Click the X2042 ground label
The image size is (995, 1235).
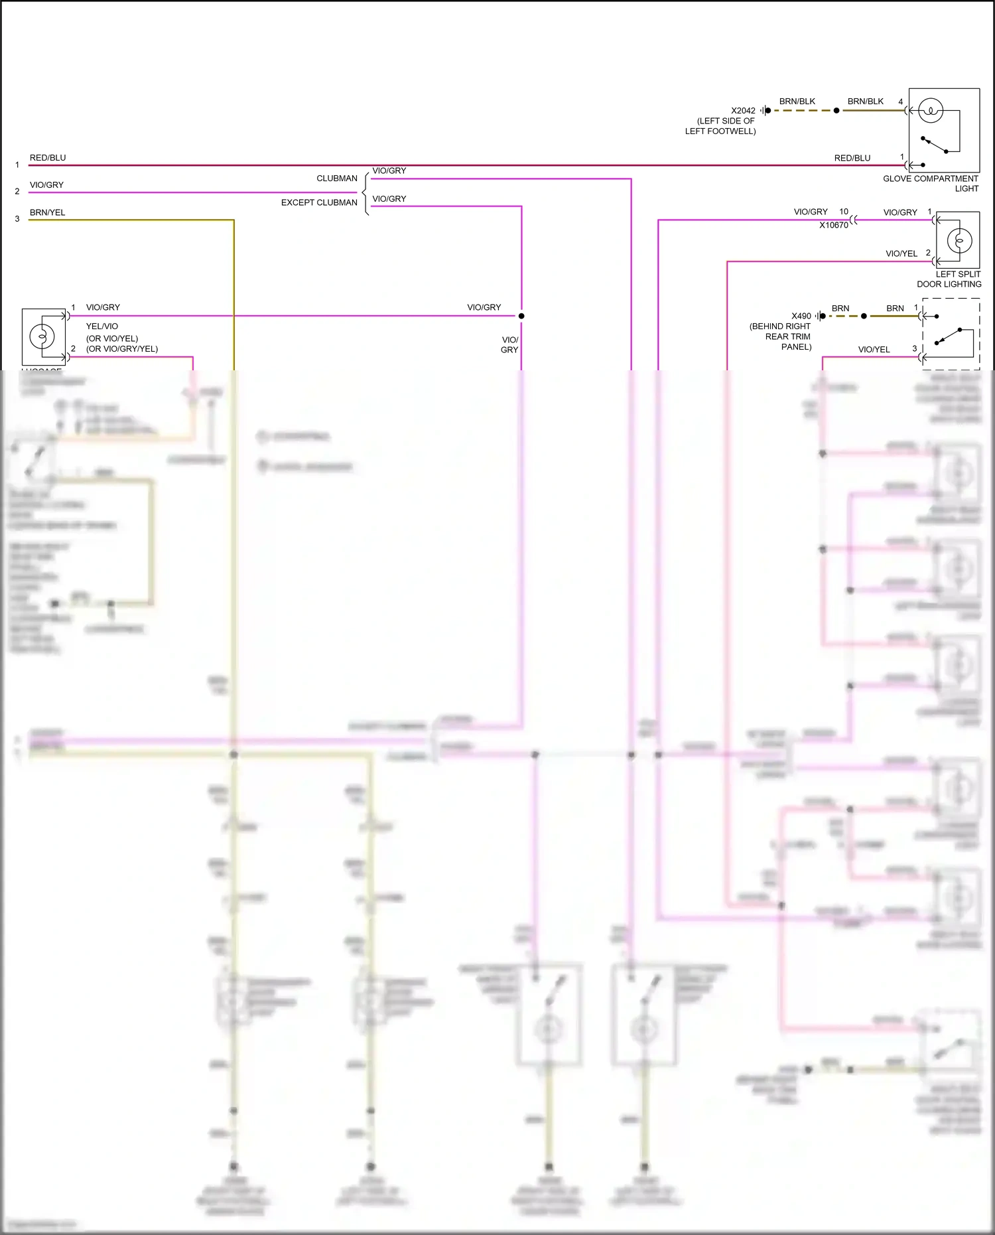(x=743, y=111)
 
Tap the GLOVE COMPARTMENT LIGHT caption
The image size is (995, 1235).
(x=930, y=183)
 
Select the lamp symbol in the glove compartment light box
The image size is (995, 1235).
(x=931, y=111)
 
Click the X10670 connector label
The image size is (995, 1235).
(x=833, y=225)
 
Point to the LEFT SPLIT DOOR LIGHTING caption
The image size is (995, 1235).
(x=949, y=279)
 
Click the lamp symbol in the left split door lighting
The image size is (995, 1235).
(x=959, y=240)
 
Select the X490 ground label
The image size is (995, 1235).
(x=801, y=316)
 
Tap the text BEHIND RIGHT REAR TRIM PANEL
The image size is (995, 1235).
(x=781, y=336)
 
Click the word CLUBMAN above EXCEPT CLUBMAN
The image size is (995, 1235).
(x=337, y=179)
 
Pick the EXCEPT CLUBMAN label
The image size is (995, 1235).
(x=319, y=202)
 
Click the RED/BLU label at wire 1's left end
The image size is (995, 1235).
(x=48, y=158)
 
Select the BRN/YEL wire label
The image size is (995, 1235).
(x=48, y=212)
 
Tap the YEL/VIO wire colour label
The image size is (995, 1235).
(x=102, y=327)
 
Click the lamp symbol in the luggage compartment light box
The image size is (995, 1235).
(x=42, y=336)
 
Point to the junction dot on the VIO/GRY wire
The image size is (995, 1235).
(x=521, y=316)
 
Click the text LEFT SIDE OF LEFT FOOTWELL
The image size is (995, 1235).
(x=721, y=126)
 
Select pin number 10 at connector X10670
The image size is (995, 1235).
(x=844, y=212)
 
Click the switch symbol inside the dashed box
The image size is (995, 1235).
(x=949, y=336)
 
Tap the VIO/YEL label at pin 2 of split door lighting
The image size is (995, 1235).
(x=901, y=254)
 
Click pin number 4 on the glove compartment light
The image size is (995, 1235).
(x=901, y=102)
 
